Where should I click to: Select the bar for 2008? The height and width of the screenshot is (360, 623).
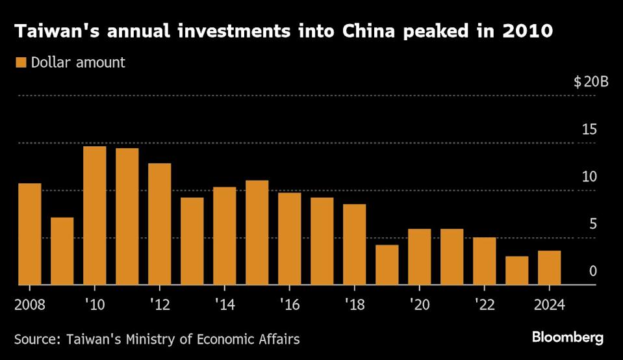tap(30, 234)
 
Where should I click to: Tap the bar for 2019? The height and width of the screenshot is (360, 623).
tap(387, 264)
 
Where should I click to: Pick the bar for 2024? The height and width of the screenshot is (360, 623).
tap(550, 268)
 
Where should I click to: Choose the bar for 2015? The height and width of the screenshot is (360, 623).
tap(257, 233)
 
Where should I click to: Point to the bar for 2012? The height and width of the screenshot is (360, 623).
tap(160, 224)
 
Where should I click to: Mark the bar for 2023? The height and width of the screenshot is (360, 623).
tap(517, 270)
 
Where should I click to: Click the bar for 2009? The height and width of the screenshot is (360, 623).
tap(62, 251)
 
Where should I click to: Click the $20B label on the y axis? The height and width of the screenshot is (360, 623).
tap(590, 83)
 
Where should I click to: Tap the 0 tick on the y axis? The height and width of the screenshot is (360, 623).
tap(592, 272)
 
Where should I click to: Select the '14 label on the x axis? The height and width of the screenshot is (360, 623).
tap(224, 303)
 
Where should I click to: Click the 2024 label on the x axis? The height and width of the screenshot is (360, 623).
tap(549, 303)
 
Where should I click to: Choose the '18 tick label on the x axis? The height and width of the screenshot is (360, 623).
tap(354, 303)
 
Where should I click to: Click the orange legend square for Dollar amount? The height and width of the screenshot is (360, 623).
tap(21, 62)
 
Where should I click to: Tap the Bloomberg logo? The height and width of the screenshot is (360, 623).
tap(567, 337)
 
